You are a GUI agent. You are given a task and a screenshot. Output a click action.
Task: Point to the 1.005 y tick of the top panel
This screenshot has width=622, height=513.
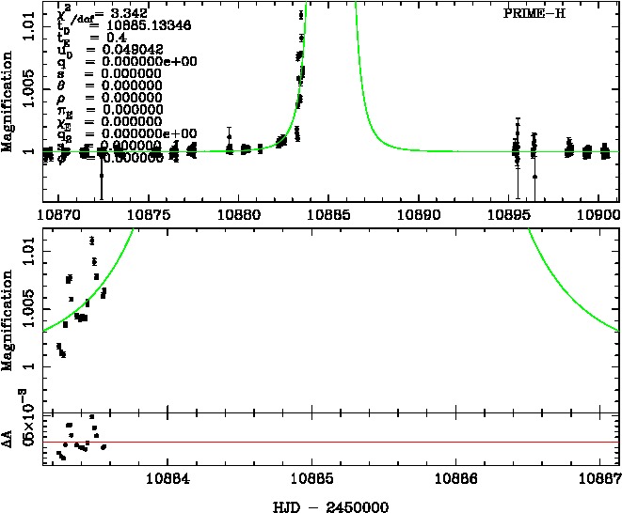point(22,82)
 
